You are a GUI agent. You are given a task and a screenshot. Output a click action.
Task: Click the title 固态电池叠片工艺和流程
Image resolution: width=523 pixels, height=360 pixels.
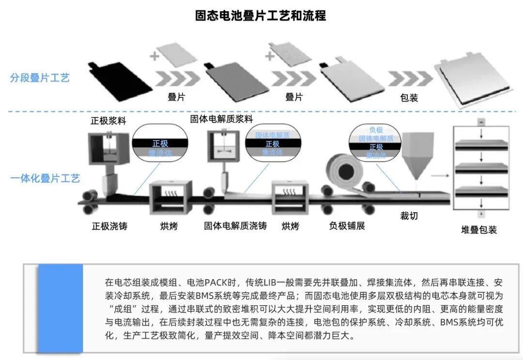pyautogui.click(x=261, y=16)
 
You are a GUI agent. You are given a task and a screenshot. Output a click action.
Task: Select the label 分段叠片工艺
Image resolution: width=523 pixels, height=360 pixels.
pyautogui.click(x=40, y=78)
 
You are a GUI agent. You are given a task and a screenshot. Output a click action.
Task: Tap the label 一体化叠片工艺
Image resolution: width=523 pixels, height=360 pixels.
pyautogui.click(x=45, y=178)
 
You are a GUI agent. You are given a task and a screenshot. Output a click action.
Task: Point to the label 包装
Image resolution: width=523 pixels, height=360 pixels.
pyautogui.click(x=409, y=97)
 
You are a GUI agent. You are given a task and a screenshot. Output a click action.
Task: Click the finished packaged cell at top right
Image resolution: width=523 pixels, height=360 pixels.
pyautogui.click(x=474, y=78)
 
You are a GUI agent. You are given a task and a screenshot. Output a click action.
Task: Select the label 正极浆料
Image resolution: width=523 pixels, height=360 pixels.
pyautogui.click(x=108, y=121)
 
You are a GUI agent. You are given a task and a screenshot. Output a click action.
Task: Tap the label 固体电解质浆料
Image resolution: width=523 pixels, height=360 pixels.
pyautogui.click(x=221, y=119)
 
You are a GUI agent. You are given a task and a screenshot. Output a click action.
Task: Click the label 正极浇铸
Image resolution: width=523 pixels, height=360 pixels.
pyautogui.click(x=109, y=226)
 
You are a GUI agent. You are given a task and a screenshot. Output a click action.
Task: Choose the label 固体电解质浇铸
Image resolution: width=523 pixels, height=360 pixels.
pyautogui.click(x=235, y=226)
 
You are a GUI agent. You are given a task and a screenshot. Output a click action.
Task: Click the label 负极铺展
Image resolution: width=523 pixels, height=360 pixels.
pyautogui.click(x=347, y=226)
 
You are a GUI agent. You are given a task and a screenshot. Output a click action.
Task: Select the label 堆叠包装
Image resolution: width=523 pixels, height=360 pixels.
pyautogui.click(x=478, y=230)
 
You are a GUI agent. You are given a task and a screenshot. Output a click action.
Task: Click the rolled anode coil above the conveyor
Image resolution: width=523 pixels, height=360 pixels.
pyautogui.click(x=345, y=172)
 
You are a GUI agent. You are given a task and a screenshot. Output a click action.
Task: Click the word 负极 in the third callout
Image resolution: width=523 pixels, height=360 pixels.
pyautogui.click(x=376, y=130)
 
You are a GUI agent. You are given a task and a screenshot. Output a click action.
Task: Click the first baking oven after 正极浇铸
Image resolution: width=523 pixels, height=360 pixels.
pyautogui.click(x=168, y=197)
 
